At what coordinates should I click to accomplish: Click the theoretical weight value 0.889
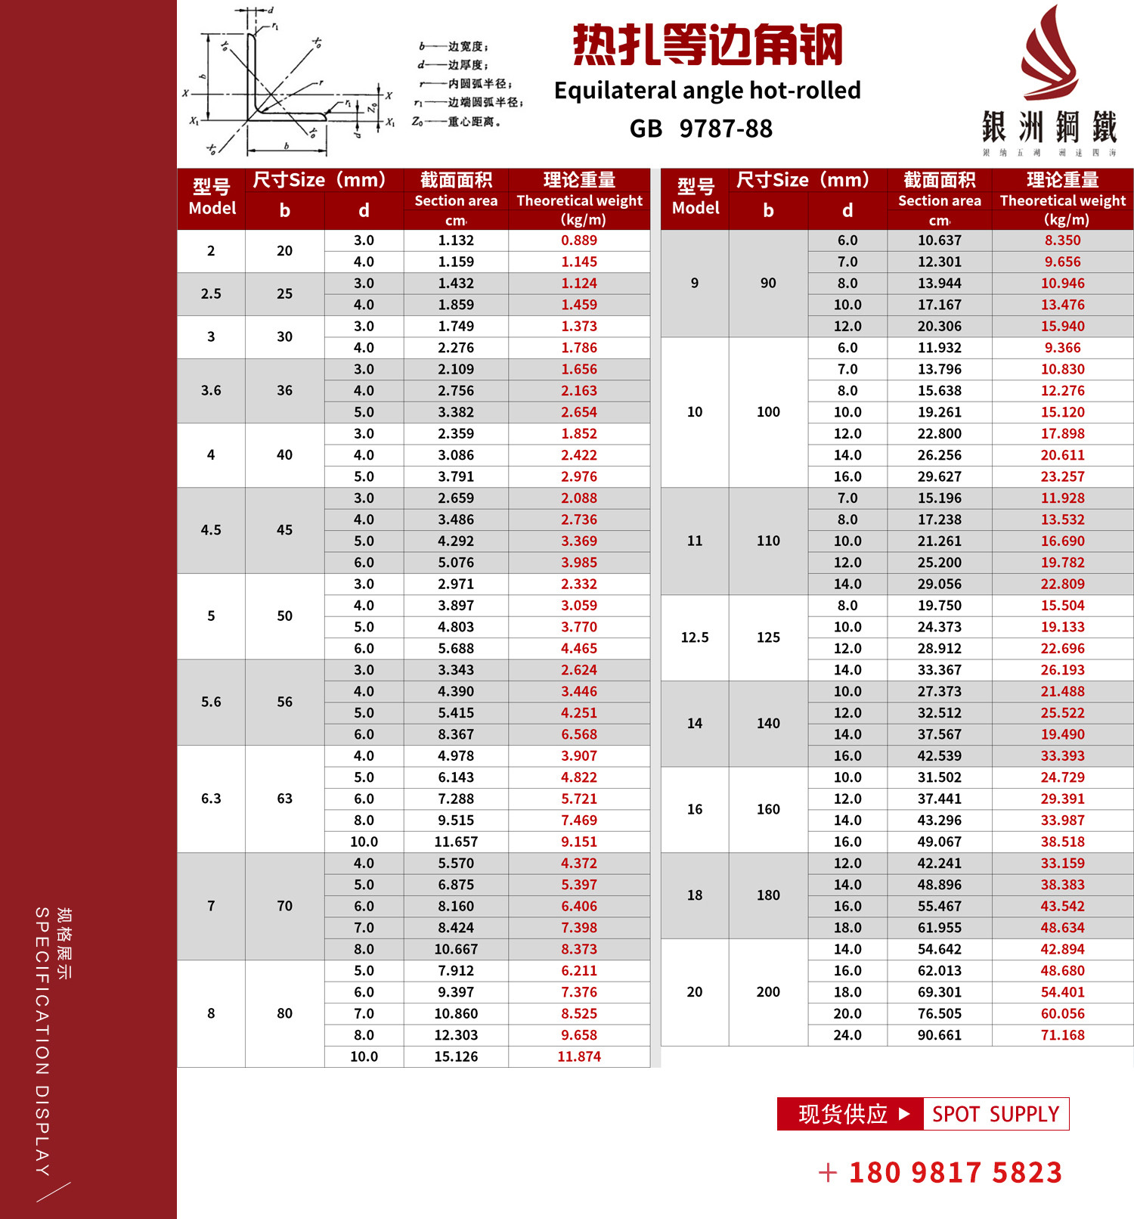[x=579, y=240]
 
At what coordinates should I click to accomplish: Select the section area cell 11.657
[x=456, y=842]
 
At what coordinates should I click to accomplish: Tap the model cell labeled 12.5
[x=695, y=637]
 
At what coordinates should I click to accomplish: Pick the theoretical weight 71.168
[x=1062, y=1035]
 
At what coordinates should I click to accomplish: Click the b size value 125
[x=768, y=637]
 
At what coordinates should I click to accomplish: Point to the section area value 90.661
[x=939, y=1035]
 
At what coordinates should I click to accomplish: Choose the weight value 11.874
[x=579, y=1056]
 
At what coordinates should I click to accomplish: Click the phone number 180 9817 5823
[x=955, y=1173]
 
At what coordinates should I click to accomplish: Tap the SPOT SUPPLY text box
[x=996, y=1114]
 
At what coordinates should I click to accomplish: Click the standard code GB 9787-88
[x=701, y=129]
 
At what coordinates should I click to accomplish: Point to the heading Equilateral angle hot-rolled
[x=707, y=91]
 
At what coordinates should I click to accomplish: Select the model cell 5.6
[x=211, y=703]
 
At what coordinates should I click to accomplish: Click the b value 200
[x=768, y=992]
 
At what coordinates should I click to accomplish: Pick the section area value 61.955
[x=939, y=928]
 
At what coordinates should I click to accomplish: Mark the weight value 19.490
[x=1062, y=734]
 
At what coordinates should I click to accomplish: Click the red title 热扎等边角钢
[x=707, y=45]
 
